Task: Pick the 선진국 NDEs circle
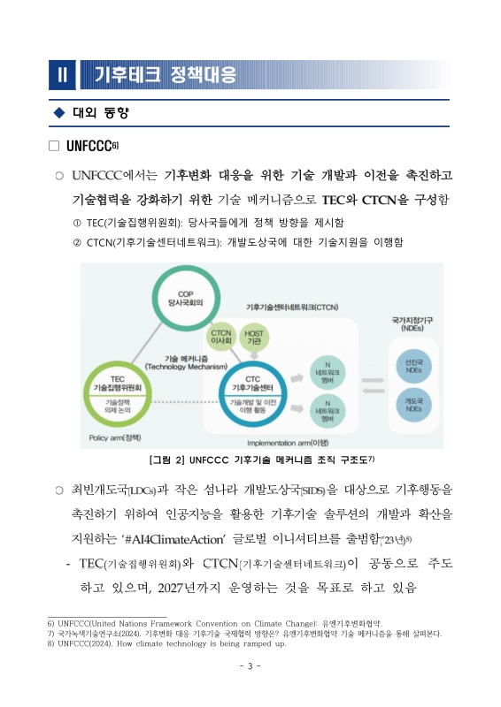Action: pyautogui.click(x=413, y=367)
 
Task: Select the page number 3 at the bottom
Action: pyautogui.click(x=250, y=665)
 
